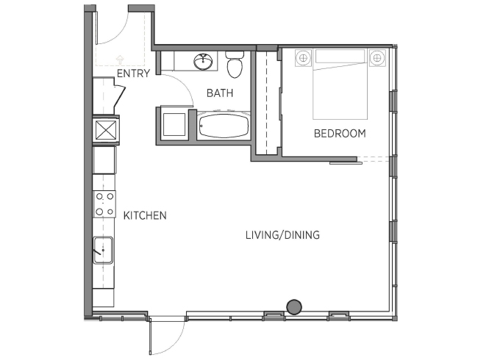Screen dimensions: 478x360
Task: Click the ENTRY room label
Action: tap(133, 73)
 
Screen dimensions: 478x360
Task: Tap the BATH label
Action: tap(220, 93)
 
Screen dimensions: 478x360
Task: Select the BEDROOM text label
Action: tap(340, 134)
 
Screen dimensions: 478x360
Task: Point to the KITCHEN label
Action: tap(145, 216)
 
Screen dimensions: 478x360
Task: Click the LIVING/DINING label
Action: tap(282, 235)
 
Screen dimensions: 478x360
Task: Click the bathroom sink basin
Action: tap(203, 62)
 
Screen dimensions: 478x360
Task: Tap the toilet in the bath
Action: tap(235, 65)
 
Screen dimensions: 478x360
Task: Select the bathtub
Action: tap(224, 126)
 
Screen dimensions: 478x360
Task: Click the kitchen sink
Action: tap(103, 250)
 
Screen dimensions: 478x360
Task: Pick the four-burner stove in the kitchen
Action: tap(104, 204)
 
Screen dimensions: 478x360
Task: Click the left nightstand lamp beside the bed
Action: tap(303, 57)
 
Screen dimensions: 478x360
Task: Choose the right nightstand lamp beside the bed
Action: tap(377, 57)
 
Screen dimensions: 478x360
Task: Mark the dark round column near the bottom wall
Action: tap(294, 306)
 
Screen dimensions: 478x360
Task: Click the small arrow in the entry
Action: tap(120, 60)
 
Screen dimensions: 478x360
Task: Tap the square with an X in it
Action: tap(106, 130)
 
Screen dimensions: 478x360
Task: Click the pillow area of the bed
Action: tap(340, 57)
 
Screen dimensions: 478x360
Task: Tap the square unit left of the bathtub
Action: tap(174, 125)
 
